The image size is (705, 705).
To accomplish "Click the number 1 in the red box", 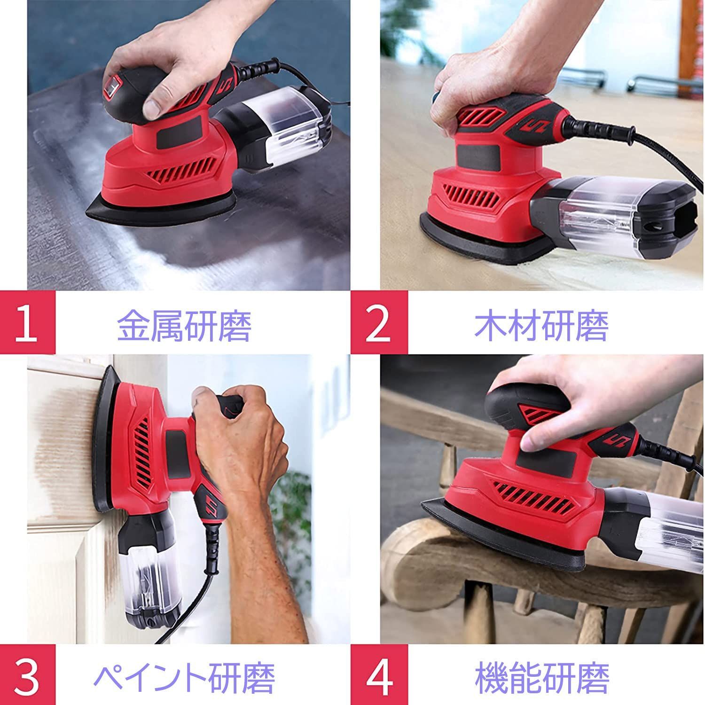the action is click(x=26, y=324).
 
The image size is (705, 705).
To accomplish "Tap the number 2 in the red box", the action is click(x=378, y=324).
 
